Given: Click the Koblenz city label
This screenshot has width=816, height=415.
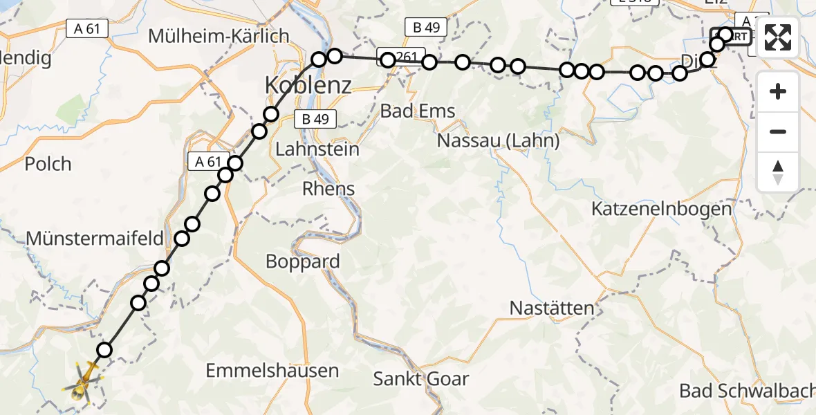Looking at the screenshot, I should coord(308,86).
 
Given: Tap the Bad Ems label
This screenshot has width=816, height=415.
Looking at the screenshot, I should coord(418,111).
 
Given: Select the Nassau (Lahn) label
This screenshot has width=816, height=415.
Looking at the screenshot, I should coord(498,141).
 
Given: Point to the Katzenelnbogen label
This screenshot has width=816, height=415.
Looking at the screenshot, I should coord(661,209).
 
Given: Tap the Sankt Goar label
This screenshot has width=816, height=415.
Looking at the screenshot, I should coord(420,378).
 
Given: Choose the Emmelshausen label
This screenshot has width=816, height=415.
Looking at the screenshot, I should coord(272,371).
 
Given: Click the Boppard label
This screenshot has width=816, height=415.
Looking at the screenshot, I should coord(303,261).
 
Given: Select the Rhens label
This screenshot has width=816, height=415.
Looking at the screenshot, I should coord(329,188).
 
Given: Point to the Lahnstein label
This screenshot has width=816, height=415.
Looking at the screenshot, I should coord(317,149).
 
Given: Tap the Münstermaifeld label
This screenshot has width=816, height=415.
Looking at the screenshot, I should coord(95,239).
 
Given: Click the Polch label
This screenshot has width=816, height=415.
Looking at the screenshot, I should coord(48,164).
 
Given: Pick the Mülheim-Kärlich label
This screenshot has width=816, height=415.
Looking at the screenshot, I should coord(218,36).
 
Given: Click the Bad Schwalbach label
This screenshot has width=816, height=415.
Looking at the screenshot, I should coord(747,390).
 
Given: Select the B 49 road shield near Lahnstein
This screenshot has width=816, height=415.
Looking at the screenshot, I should coord(315,119).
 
